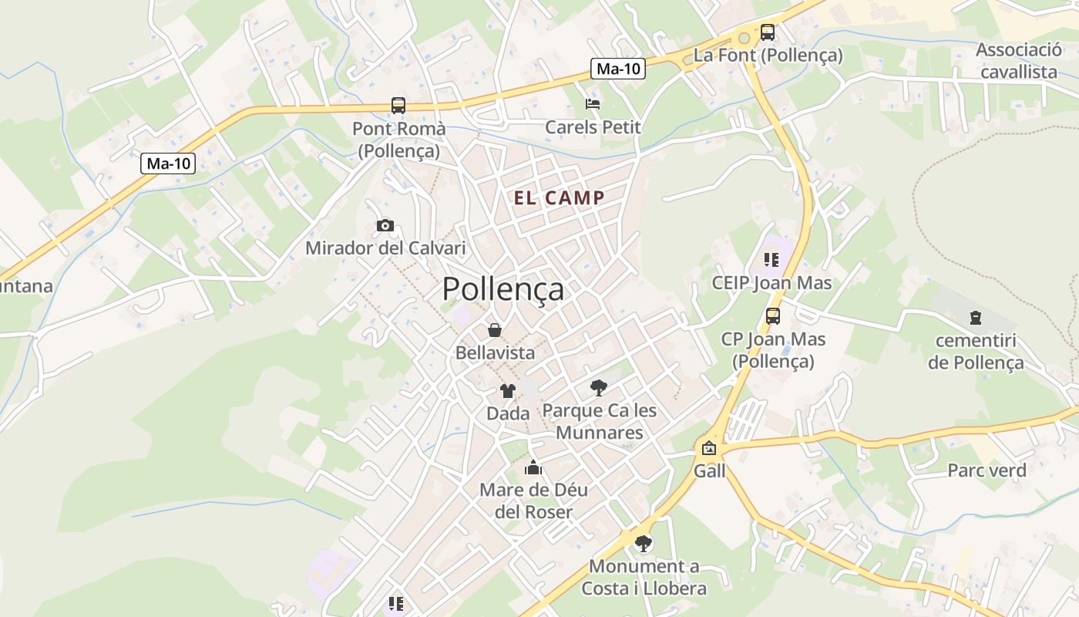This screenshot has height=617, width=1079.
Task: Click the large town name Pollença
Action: [x=503, y=289]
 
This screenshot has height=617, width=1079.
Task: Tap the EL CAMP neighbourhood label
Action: [x=560, y=198]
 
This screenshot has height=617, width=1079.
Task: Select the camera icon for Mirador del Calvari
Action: [x=385, y=226]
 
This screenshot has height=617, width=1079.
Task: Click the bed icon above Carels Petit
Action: [x=593, y=104]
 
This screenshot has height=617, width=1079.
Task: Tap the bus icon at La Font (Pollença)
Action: [x=768, y=32]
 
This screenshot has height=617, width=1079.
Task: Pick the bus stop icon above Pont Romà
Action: [x=398, y=106]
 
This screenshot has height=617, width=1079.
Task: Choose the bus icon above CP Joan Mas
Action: [x=773, y=315]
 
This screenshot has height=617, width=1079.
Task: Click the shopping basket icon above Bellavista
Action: [x=495, y=330]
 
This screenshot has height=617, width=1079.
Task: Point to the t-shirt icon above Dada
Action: [x=508, y=391]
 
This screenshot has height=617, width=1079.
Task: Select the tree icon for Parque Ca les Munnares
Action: [x=599, y=387]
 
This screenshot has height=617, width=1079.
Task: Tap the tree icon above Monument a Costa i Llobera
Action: [x=643, y=543]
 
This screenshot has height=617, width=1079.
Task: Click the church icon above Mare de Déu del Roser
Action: [x=533, y=467]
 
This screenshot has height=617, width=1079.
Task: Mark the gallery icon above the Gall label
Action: [x=709, y=448]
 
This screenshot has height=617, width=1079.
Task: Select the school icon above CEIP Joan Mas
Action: [x=771, y=260]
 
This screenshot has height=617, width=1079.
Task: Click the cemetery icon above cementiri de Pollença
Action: [x=976, y=318]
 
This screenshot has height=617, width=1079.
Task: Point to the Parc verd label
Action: [x=987, y=470]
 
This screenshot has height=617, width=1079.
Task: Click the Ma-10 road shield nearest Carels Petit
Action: [x=618, y=69]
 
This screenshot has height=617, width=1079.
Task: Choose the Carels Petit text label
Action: [x=593, y=127]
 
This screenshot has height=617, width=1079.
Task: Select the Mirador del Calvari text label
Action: [x=385, y=248]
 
